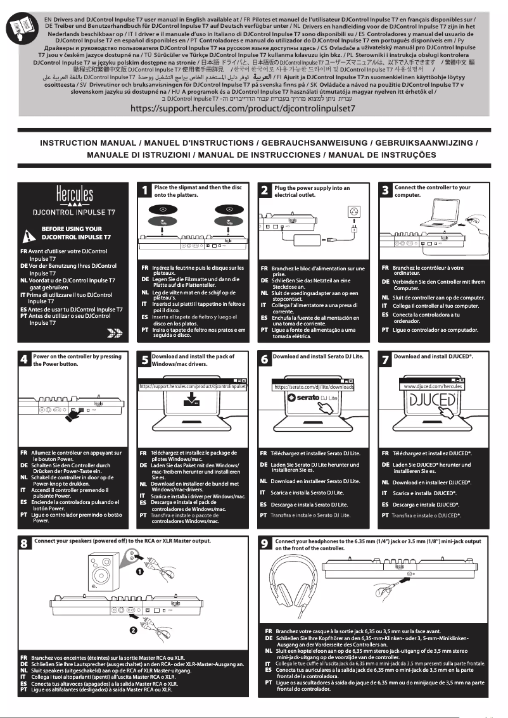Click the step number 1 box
click(145, 191)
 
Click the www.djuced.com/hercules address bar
click(433, 386)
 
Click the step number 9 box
click(267, 545)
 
